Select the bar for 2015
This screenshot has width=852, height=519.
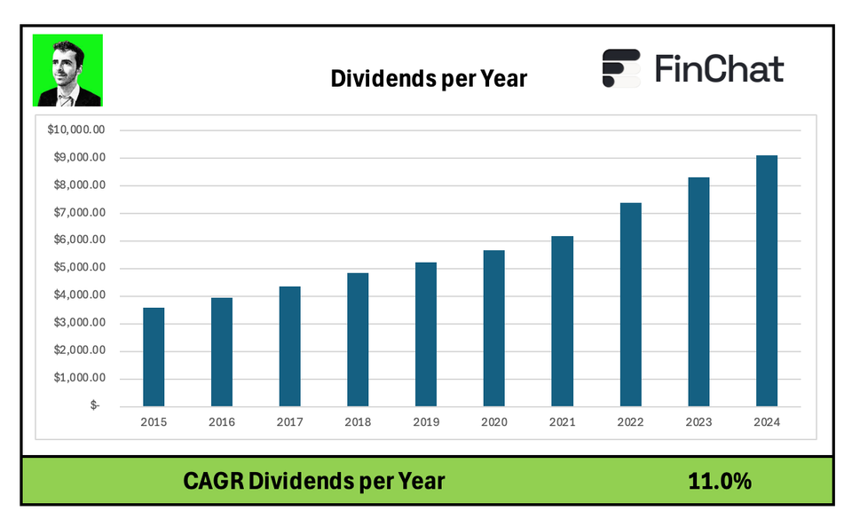(x=154, y=357)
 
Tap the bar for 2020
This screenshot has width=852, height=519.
(x=493, y=328)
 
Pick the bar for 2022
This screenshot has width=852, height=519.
(x=630, y=304)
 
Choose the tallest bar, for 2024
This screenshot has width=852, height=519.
(x=767, y=280)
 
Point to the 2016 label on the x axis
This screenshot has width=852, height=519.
(x=222, y=421)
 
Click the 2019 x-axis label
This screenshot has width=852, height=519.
(x=426, y=421)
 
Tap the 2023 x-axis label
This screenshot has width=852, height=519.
(x=698, y=421)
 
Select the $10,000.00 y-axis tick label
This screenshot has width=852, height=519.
(x=76, y=130)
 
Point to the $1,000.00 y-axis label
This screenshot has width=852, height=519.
(x=79, y=377)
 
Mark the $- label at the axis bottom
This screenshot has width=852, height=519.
(x=95, y=405)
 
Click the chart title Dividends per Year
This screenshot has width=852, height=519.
(x=429, y=79)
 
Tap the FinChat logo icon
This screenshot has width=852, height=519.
(x=621, y=68)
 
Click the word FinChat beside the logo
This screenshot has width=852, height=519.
(x=719, y=68)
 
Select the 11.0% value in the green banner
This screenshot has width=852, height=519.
(x=719, y=482)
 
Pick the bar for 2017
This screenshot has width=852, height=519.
(x=289, y=346)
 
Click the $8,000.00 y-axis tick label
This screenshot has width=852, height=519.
(x=79, y=185)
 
